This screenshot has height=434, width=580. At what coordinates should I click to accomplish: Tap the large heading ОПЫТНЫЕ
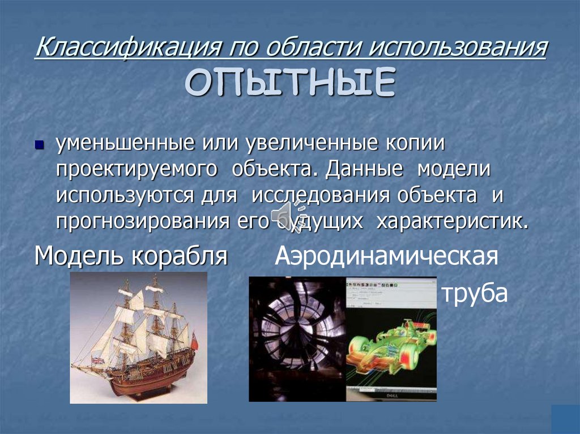[x=289, y=83]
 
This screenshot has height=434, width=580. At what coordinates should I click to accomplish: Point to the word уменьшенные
[x=121, y=144]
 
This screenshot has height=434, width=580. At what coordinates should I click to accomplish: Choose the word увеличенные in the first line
[x=311, y=144]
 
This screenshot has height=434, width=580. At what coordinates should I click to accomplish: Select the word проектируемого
[x=137, y=170]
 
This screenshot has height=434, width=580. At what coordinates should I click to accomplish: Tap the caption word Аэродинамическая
[x=387, y=256]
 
